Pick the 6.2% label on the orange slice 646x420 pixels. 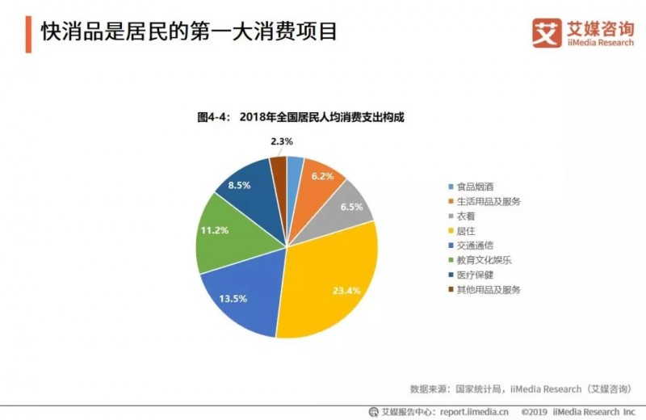(x=321, y=175)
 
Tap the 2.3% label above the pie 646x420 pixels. (x=282, y=141)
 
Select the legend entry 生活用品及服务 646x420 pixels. (x=493, y=200)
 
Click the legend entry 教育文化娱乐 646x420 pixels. (x=489, y=260)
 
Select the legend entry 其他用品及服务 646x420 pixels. (x=493, y=289)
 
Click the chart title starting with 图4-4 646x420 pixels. (x=300, y=117)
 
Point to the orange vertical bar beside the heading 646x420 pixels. (x=28, y=33)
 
